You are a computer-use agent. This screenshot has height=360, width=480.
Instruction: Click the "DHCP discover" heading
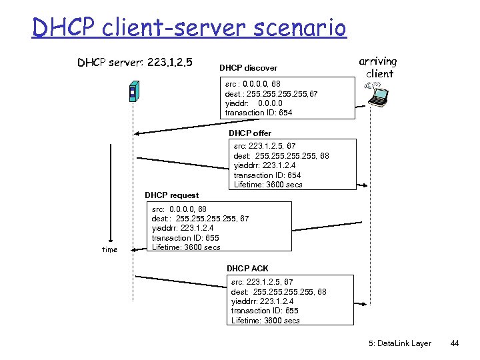(x=248, y=68)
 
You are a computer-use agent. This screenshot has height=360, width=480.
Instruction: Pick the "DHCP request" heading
(x=171, y=195)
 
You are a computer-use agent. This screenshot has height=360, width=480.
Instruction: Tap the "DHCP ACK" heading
(x=247, y=268)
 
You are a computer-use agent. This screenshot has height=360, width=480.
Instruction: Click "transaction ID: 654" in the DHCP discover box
(x=259, y=113)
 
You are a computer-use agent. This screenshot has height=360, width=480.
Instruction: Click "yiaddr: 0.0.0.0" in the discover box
(x=254, y=103)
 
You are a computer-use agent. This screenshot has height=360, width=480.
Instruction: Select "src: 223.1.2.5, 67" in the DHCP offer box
(x=265, y=146)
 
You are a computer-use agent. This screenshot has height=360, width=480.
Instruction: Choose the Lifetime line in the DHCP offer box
(x=268, y=185)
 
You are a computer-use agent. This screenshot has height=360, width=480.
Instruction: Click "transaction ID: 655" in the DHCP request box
(x=185, y=238)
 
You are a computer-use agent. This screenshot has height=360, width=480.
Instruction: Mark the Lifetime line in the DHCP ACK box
(x=265, y=321)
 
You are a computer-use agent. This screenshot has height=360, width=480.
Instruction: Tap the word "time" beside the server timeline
(x=109, y=250)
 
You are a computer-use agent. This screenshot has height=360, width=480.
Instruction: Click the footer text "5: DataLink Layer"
(x=400, y=343)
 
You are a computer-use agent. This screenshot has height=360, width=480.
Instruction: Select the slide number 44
(x=455, y=343)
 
